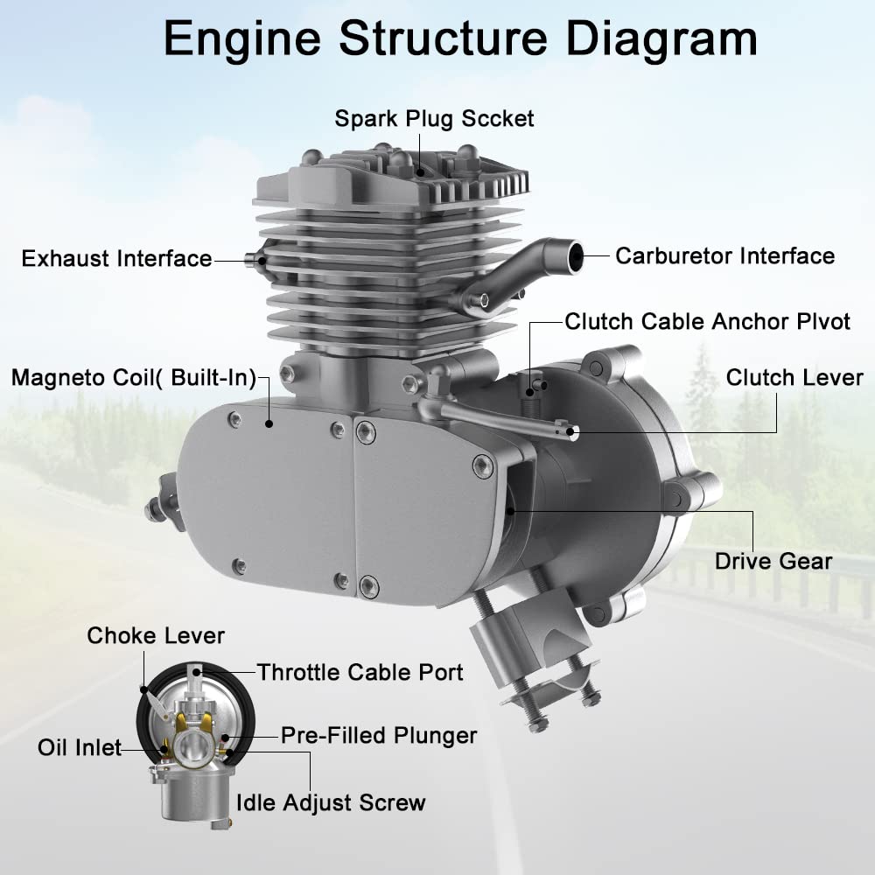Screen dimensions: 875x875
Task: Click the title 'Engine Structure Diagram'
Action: (x=460, y=39)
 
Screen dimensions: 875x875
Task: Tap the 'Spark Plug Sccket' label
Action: (x=434, y=118)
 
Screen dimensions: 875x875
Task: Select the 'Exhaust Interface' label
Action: (x=116, y=259)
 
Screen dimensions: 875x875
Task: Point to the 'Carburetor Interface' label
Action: (x=724, y=256)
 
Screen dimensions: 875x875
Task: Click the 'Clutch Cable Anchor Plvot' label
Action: (x=707, y=321)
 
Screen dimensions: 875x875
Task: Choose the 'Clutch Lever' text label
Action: (x=794, y=378)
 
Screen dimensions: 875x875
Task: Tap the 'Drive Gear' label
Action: (x=773, y=561)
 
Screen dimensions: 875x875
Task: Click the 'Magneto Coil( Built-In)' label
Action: (x=133, y=378)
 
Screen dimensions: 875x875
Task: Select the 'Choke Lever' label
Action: (x=156, y=636)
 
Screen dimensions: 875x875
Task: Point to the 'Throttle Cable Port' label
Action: (x=360, y=672)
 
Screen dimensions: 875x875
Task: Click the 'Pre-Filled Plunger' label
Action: (x=379, y=735)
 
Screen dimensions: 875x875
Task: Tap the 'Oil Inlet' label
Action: (x=79, y=748)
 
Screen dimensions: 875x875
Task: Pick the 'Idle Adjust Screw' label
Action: (x=331, y=802)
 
